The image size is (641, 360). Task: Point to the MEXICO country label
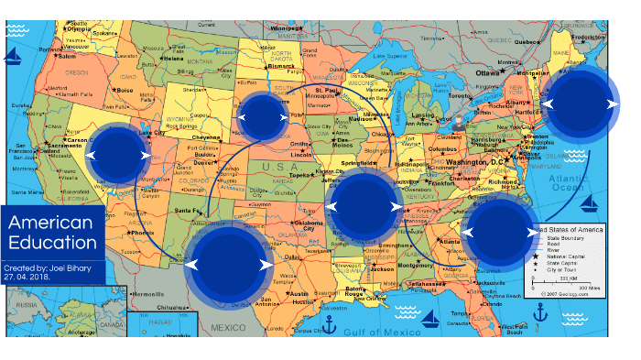click(230, 327)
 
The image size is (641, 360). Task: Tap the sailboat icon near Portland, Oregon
click(13, 58)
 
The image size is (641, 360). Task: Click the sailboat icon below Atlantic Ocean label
click(592, 202)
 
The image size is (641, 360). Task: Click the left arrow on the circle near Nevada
click(91, 156)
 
